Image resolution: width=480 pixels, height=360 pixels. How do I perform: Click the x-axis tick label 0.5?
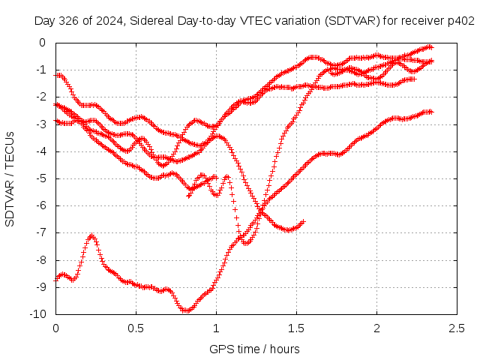[x=136, y=328]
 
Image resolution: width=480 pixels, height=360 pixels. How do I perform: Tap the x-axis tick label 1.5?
[x=296, y=328]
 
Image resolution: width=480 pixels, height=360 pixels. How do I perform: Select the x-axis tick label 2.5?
[x=457, y=328]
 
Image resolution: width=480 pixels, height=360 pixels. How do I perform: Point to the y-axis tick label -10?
[x=38, y=313]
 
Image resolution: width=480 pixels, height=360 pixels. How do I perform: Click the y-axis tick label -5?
[x=41, y=178]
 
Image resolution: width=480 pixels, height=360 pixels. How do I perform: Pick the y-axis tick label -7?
[x=41, y=232]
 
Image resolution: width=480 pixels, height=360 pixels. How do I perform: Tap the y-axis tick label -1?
[x=41, y=70]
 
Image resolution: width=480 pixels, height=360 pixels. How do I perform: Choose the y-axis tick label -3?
[x=41, y=124]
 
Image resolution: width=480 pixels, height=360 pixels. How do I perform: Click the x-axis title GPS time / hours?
[x=254, y=349]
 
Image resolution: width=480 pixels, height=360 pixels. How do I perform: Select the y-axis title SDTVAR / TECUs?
[x=10, y=179]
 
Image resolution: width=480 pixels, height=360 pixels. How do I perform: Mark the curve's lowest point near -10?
[x=187, y=310]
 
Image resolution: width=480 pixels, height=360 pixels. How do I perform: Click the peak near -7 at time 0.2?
[x=91, y=235]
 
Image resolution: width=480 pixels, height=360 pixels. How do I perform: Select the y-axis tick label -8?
[x=41, y=260]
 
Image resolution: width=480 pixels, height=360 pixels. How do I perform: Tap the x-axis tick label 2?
[x=376, y=328]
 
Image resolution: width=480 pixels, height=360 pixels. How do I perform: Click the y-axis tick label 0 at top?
[x=43, y=43]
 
